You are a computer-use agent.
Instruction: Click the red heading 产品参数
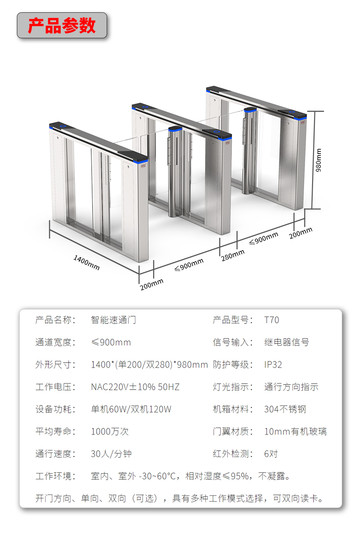(62, 26)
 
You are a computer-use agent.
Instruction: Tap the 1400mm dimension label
(87, 262)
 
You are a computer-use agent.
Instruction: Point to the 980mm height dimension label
(319, 159)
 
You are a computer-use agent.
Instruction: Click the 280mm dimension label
(233, 256)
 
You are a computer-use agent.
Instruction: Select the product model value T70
(272, 320)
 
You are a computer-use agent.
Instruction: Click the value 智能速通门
(113, 320)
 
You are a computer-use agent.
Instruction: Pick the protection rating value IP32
(273, 364)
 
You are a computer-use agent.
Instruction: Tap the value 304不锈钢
(285, 409)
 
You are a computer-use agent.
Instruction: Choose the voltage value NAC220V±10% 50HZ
(135, 387)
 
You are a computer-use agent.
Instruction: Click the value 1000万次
(110, 431)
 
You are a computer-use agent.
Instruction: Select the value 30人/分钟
(111, 454)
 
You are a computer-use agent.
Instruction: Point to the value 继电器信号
(287, 342)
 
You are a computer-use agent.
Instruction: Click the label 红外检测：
(233, 454)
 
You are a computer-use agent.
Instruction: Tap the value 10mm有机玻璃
(295, 431)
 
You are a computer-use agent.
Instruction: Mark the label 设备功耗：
(56, 409)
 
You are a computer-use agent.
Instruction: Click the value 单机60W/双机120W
(131, 409)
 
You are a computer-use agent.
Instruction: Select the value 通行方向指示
(291, 387)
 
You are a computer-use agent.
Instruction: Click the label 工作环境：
(56, 476)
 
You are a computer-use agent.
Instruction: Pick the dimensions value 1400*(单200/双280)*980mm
(149, 364)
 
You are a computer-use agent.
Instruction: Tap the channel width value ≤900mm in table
(111, 342)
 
